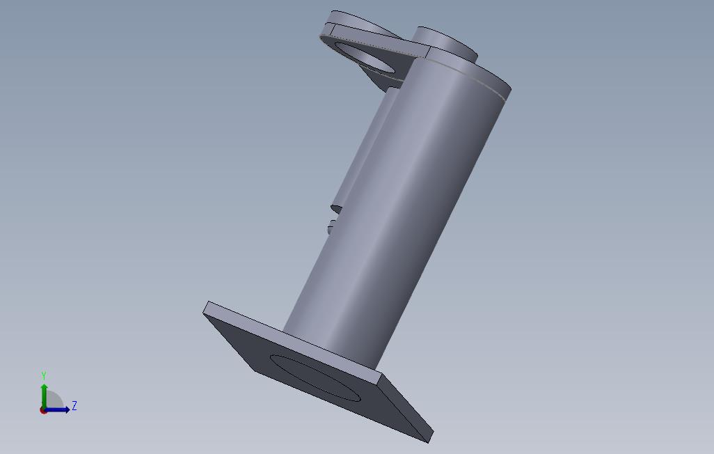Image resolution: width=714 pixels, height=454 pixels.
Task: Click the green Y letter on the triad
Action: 44,375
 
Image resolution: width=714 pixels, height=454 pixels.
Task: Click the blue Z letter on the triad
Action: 74,406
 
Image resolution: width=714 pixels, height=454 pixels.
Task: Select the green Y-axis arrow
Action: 44,397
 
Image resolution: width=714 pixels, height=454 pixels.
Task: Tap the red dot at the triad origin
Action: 43,411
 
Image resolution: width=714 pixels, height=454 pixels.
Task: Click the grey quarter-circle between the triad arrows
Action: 54,400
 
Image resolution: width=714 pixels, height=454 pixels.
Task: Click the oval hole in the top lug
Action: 364,57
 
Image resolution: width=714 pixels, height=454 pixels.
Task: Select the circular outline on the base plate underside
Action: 315,378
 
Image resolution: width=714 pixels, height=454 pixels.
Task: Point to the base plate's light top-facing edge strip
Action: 292,338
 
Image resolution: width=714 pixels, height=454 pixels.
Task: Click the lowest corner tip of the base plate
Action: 429,442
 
